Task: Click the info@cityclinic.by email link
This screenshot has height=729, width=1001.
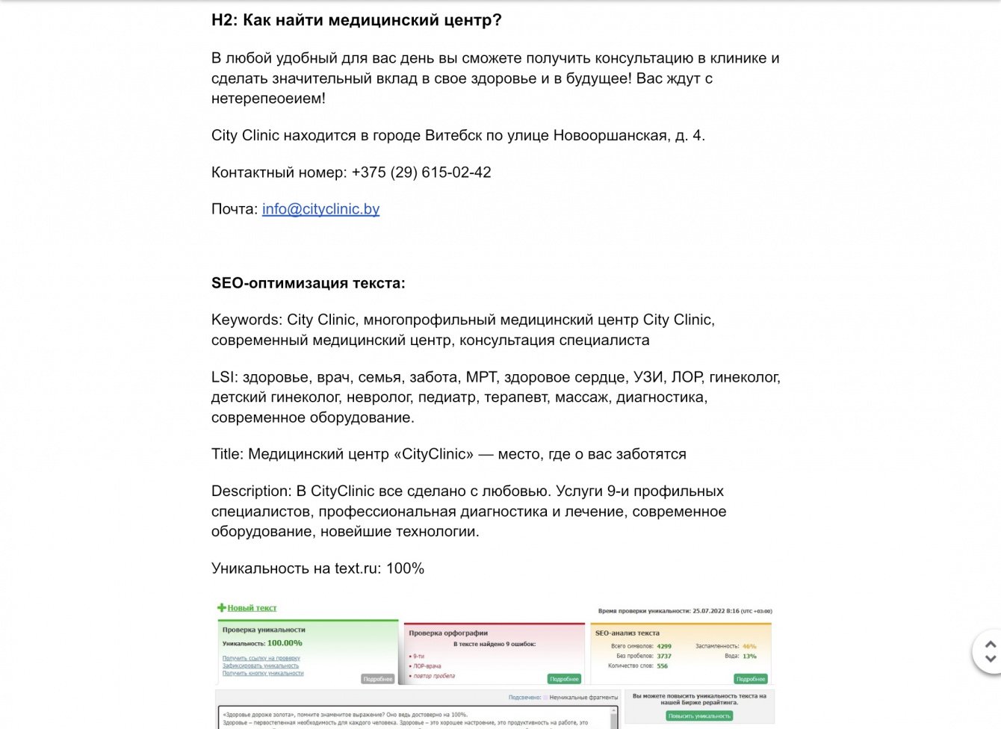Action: [x=320, y=209]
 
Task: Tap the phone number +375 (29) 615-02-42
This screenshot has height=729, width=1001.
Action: [x=421, y=173]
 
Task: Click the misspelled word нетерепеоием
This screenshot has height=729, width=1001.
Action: [x=268, y=99]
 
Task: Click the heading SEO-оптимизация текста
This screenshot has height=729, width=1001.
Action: [x=308, y=283]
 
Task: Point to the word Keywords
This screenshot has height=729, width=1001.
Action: [x=246, y=320]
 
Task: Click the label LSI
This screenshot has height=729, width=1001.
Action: [x=223, y=377]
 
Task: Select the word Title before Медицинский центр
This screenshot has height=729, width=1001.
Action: [x=226, y=454]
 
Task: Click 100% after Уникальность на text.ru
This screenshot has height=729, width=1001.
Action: [x=405, y=568]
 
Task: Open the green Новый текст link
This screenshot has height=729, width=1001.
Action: [x=252, y=608]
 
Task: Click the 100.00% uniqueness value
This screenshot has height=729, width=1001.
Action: [x=285, y=643]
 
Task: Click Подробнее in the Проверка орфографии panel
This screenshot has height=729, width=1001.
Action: [x=564, y=679]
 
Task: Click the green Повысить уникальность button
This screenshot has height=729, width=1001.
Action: [x=699, y=716]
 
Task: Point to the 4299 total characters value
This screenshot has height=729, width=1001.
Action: [x=664, y=646]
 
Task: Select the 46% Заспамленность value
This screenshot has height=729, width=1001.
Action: [x=749, y=646]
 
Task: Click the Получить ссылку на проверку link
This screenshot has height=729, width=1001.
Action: [x=261, y=658]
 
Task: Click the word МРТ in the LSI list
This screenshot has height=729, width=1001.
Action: [x=481, y=377]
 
